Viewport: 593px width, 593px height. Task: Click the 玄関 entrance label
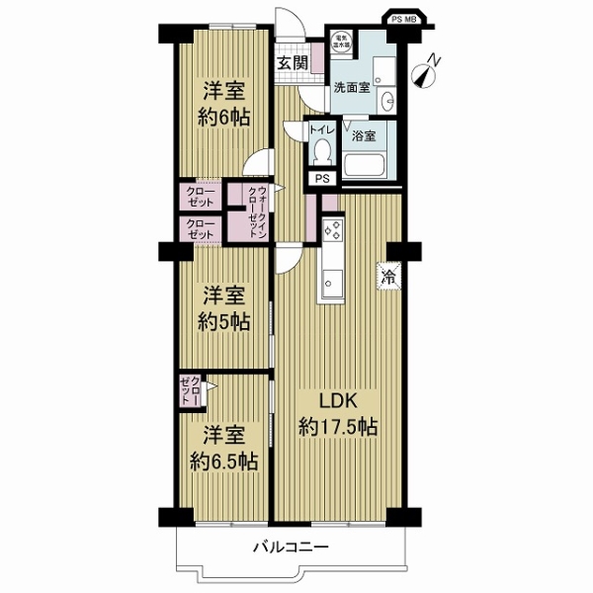(x=291, y=63)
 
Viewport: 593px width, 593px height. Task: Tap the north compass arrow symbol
(x=427, y=71)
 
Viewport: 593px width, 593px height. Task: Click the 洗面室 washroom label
(x=351, y=87)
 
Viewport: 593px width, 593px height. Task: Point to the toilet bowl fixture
(x=322, y=151)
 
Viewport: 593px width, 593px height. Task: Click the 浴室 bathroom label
(x=364, y=134)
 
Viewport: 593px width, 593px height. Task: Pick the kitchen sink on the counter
(x=329, y=281)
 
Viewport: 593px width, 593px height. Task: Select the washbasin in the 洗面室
(x=387, y=98)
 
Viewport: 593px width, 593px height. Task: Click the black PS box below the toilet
(x=322, y=179)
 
